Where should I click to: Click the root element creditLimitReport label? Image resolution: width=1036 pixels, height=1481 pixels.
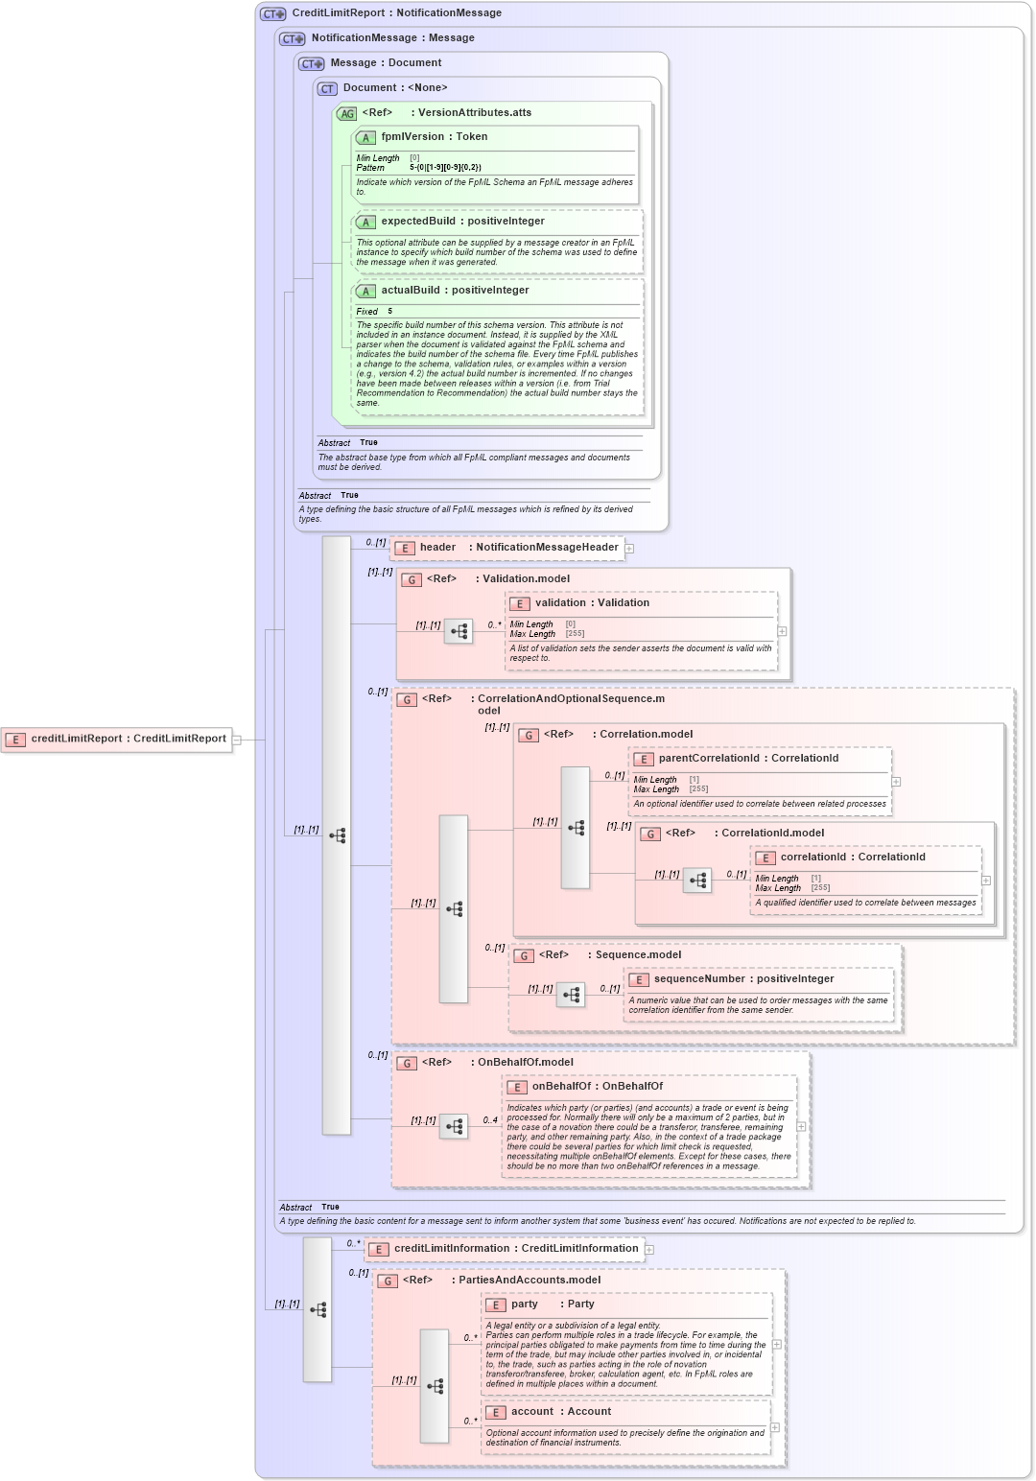click(x=76, y=739)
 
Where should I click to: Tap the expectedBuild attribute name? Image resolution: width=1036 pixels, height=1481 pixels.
click(x=418, y=222)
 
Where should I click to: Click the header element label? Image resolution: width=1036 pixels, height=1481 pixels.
click(x=437, y=548)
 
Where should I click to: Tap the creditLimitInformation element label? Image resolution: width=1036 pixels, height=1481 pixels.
click(x=452, y=1249)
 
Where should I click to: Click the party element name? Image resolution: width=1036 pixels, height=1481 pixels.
click(x=525, y=1305)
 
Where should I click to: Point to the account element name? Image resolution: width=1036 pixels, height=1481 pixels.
click(x=532, y=1412)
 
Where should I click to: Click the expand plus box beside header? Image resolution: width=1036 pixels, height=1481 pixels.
click(x=630, y=549)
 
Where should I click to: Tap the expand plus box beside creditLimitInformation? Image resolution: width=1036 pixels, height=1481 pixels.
click(x=649, y=1250)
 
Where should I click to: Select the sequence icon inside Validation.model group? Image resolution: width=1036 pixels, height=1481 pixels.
click(x=459, y=631)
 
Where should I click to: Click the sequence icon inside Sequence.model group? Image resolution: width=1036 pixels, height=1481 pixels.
click(x=571, y=995)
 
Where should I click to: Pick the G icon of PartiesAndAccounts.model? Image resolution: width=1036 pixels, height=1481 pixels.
click(x=387, y=1281)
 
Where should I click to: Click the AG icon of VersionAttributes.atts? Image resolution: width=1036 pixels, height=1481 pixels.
click(x=346, y=113)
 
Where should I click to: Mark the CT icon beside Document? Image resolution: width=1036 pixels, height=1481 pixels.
click(x=327, y=88)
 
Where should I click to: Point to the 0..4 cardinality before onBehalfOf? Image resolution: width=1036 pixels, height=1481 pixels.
click(x=490, y=1120)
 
